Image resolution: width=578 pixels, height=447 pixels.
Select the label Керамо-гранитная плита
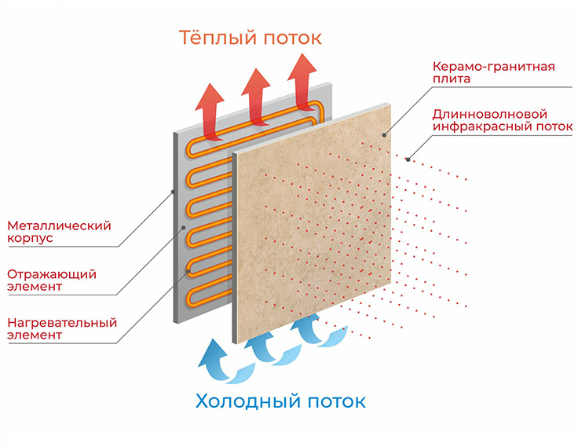pos(493,73)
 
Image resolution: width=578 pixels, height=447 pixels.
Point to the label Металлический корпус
pos(58,232)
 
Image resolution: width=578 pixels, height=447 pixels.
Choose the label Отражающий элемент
pos(52,280)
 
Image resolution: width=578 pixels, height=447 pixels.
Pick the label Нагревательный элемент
pos(61,329)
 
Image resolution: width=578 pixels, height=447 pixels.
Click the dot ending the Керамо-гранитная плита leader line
pos(384,135)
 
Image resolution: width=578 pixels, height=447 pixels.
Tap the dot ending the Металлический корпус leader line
pos(172,192)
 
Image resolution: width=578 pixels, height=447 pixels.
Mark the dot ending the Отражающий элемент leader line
pos(184,228)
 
